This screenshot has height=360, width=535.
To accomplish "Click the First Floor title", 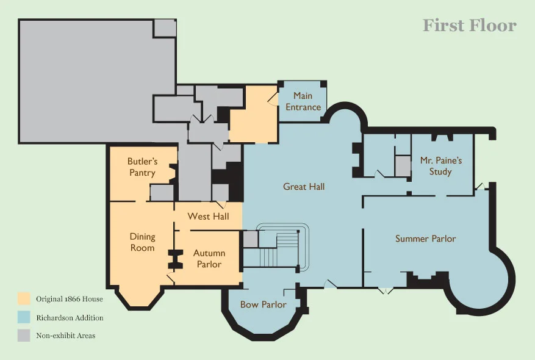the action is click(x=470, y=26).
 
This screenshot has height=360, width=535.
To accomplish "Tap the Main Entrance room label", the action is click(x=303, y=101).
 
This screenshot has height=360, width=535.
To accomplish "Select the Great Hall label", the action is click(x=304, y=187).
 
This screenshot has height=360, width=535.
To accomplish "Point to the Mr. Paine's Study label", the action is click(x=441, y=166).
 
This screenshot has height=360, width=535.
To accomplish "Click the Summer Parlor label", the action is click(x=425, y=239).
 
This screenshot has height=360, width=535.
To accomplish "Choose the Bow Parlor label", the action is click(x=263, y=304).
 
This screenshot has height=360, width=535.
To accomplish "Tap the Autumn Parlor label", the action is click(x=209, y=259).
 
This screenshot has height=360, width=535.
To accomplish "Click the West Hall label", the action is click(x=208, y=217).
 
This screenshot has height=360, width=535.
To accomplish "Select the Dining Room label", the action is click(x=142, y=242).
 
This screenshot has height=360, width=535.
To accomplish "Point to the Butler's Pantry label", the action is click(x=142, y=167).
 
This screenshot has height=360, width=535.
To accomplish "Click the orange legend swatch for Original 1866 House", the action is click(x=24, y=298).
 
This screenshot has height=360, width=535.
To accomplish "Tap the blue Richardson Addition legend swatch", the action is click(x=24, y=317).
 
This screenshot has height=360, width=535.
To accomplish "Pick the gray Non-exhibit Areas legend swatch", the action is click(x=24, y=336).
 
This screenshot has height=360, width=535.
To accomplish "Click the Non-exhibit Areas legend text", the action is click(x=65, y=336).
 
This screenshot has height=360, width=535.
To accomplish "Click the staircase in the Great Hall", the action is click(x=276, y=249).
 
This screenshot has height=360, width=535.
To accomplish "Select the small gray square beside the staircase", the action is click(x=251, y=239).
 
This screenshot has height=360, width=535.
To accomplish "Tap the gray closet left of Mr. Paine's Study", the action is click(x=403, y=167).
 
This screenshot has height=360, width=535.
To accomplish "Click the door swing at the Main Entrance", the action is click(x=273, y=98).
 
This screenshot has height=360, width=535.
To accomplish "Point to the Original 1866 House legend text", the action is click(x=70, y=299).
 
